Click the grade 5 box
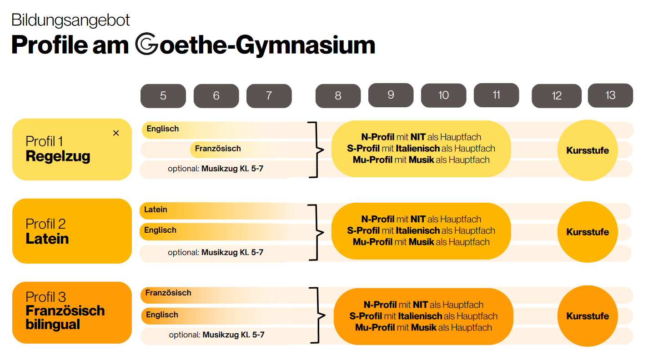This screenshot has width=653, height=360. pos(163,96)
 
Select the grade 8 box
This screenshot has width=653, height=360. pos(338,96)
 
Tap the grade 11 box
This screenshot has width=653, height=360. pos(496,95)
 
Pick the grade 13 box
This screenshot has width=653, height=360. pos(610,95)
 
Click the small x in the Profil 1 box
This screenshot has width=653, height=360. pos(116,133)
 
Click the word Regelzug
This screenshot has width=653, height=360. pos(58,156)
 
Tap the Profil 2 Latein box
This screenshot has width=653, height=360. pos(72,231)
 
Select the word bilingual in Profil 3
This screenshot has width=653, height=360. pos(53,325)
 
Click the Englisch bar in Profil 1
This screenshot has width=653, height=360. pos(225,130)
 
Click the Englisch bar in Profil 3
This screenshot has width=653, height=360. pos(225,316)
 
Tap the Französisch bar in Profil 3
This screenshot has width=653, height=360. pos(225,295)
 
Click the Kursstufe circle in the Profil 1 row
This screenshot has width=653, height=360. pos(588,150)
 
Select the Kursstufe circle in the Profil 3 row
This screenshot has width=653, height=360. pos(588,316)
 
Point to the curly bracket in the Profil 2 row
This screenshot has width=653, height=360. pos(317,232)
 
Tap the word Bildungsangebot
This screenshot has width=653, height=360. pos(70,20)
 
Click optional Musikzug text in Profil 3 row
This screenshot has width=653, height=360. pos(216,335)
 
